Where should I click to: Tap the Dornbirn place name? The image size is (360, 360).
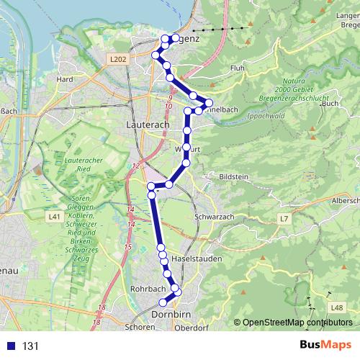tap(171, 315)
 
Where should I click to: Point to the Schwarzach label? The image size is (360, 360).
tap(215, 216)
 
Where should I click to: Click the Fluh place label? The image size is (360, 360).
tap(238, 68)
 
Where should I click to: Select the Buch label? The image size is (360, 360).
tap(330, 104)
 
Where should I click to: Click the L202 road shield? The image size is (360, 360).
tap(119, 58)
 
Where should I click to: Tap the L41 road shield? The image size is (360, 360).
tap(53, 216)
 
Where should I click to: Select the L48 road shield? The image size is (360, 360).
tap(336, 307)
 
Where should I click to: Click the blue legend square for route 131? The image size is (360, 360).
tap(10, 346)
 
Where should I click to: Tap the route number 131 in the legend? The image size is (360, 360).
tap(30, 346)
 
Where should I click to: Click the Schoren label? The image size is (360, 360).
tap(140, 327)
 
